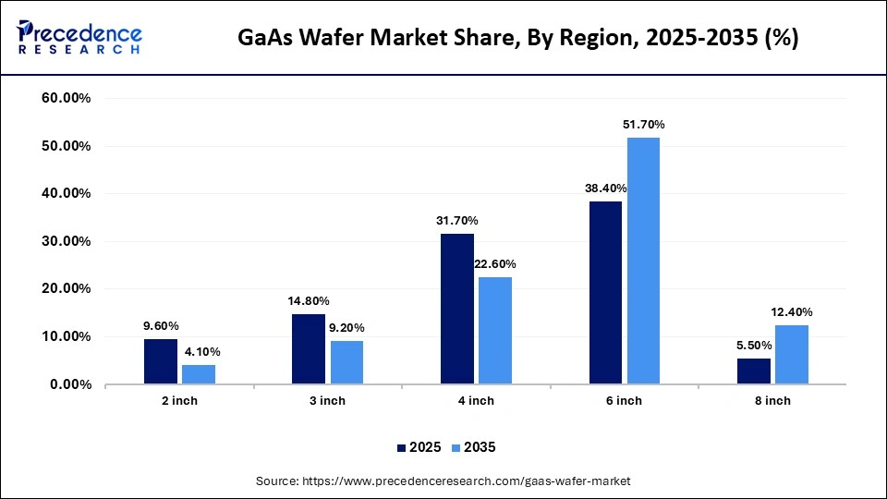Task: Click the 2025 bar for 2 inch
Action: pyautogui.click(x=161, y=361)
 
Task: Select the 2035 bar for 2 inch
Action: pyautogui.click(x=199, y=374)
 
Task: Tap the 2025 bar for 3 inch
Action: pyautogui.click(x=309, y=348)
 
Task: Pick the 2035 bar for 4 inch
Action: pyautogui.click(x=495, y=330)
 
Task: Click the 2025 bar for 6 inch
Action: pyautogui.click(x=605, y=292)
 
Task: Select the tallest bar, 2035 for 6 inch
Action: pyautogui.click(x=643, y=261)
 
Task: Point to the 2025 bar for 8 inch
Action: pyautogui.click(x=754, y=371)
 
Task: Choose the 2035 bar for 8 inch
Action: pyautogui.click(x=792, y=354)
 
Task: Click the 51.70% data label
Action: pyautogui.click(x=644, y=124)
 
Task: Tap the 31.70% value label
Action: pyautogui.click(x=457, y=220)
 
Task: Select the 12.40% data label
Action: pyautogui.click(x=792, y=311)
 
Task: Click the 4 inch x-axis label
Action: pyautogui.click(x=476, y=400)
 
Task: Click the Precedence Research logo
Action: pyautogui.click(x=79, y=37)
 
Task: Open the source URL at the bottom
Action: pyautogui.click(x=443, y=481)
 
